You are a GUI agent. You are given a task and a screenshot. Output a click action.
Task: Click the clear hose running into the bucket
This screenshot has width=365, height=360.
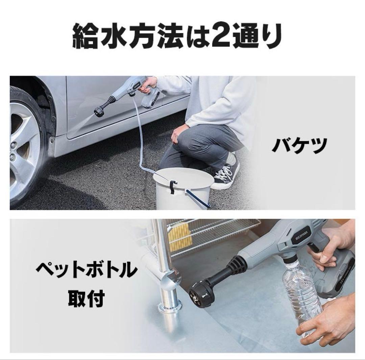[x=139, y=142]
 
